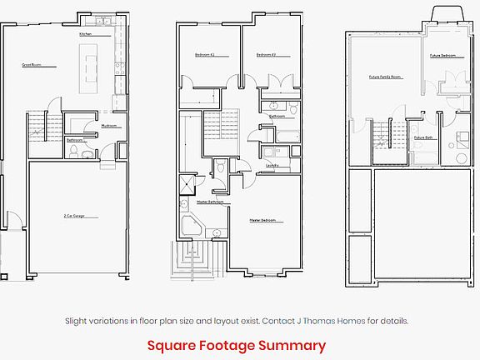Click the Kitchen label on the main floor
coord(85,34)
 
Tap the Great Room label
coord(32,64)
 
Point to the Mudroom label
coord(108,126)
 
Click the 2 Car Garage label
coord(77,216)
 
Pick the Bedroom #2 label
coord(206,55)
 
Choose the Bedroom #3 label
coord(266,55)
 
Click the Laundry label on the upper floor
coord(272,165)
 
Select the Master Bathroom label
coord(208,202)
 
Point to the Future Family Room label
coord(385,77)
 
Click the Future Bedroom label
coord(442,56)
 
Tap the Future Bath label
coord(423,137)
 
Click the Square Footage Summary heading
coord(237,345)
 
